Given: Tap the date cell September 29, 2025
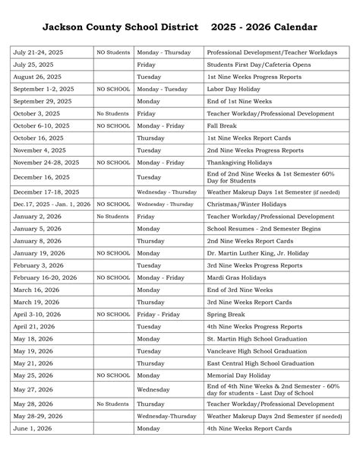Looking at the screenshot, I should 43,101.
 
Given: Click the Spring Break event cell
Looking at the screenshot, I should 226,314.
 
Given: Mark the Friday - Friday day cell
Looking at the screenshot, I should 159,314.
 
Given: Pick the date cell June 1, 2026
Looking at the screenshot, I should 32,428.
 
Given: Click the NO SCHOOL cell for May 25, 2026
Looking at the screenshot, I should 112,375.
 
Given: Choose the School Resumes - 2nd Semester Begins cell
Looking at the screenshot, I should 264,228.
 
